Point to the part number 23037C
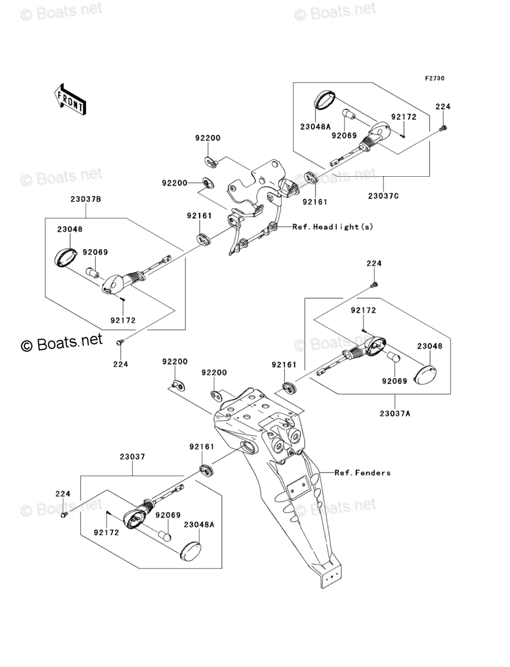(383, 197)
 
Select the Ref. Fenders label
(362, 473)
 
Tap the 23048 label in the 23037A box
(430, 346)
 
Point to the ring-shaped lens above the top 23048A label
(325, 100)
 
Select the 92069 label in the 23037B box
(95, 252)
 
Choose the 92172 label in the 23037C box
(404, 117)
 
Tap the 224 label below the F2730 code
(443, 107)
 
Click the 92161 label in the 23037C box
(314, 201)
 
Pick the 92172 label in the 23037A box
(363, 310)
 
